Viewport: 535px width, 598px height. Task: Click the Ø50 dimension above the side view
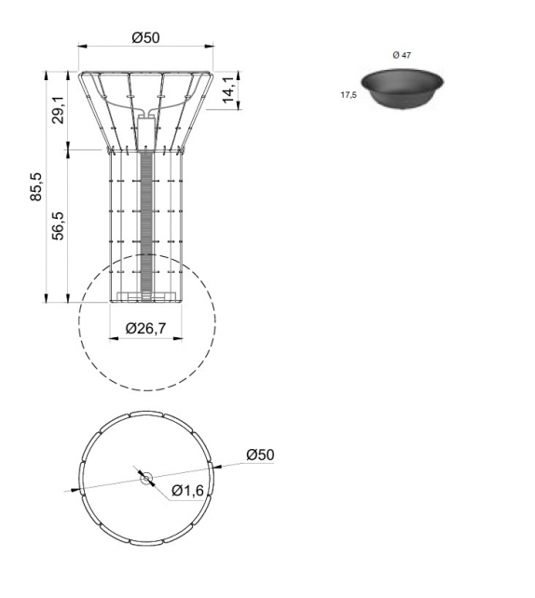(146, 37)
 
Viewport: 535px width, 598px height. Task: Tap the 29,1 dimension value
(58, 110)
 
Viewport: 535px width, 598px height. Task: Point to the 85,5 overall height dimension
(36, 186)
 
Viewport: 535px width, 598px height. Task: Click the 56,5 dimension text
(58, 226)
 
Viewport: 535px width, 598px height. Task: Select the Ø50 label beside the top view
(260, 455)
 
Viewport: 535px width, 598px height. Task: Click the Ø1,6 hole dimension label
(187, 491)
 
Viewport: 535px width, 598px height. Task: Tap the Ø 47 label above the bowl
(402, 56)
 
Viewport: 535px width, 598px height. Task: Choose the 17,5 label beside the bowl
(350, 94)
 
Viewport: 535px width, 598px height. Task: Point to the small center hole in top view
(145, 478)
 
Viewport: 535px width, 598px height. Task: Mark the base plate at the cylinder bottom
(145, 298)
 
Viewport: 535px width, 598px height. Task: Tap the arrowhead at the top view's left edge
(74, 489)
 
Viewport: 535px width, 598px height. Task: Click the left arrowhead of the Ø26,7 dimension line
(115, 337)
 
